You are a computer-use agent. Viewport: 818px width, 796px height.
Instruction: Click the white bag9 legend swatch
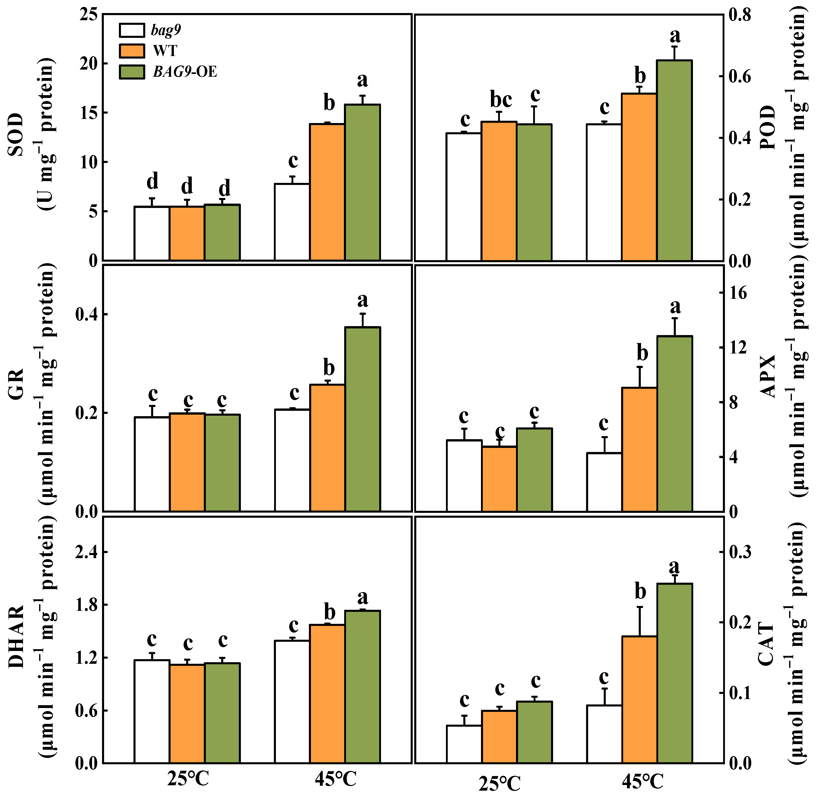(132, 30)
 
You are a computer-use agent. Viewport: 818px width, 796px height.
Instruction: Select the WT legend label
(165, 51)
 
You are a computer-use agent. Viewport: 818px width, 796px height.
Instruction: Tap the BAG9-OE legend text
(185, 72)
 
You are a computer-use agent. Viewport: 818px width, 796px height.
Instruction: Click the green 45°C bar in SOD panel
(362, 182)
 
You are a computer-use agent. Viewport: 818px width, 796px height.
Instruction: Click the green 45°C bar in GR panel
(362, 419)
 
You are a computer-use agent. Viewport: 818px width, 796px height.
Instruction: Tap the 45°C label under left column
(336, 778)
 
